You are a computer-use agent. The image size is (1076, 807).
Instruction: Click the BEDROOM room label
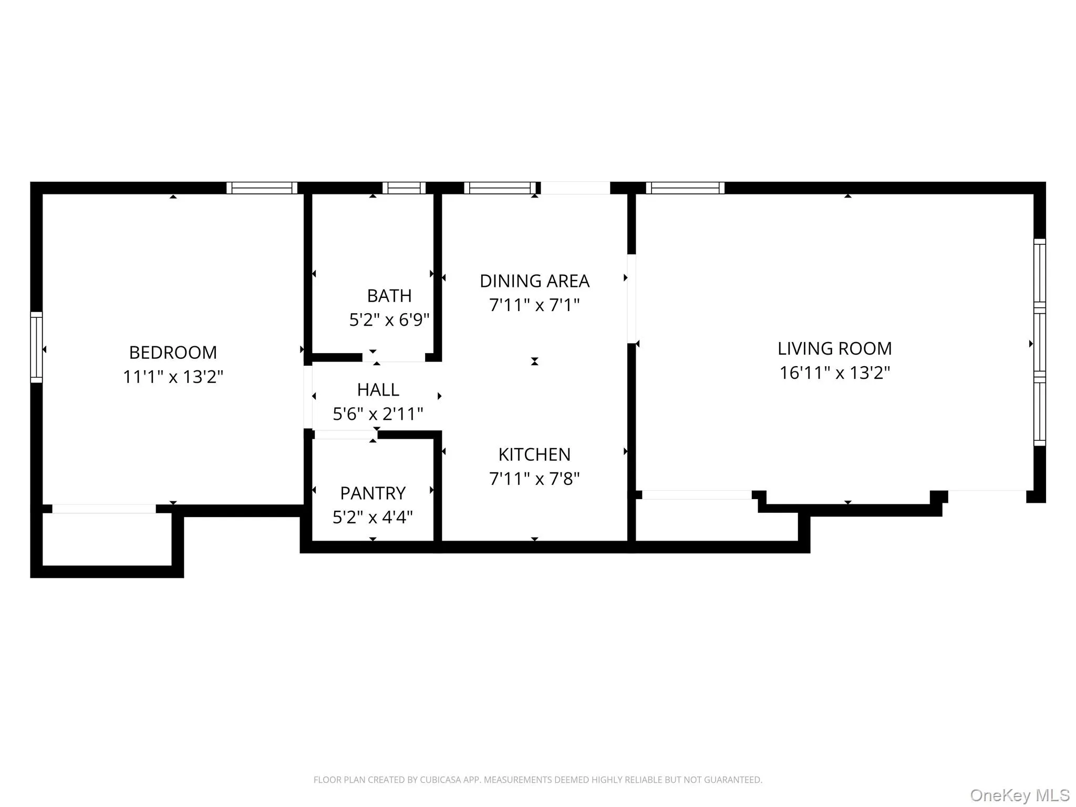tap(173, 353)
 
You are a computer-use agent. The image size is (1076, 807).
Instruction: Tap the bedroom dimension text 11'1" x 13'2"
tap(173, 377)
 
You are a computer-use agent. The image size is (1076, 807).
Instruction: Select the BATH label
tap(389, 296)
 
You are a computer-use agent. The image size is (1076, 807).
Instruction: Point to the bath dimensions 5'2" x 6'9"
tap(389, 319)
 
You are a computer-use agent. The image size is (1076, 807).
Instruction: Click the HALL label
tap(378, 390)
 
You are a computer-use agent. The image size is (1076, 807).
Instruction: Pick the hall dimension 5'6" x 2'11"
tap(378, 414)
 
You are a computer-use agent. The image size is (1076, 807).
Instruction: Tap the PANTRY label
tap(373, 493)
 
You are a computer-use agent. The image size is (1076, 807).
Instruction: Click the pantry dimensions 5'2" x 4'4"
tap(373, 518)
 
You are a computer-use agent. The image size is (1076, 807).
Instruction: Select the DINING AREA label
tap(534, 281)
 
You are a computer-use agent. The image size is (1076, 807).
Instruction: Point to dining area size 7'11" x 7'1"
tap(534, 305)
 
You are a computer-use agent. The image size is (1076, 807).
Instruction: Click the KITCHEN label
tap(534, 454)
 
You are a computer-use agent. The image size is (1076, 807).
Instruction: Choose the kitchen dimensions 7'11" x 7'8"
tap(534, 479)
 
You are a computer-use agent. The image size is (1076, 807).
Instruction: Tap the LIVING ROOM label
tap(834, 349)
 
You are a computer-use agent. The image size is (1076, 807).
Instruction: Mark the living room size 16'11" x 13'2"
tap(834, 373)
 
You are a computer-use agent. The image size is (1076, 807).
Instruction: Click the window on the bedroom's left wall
tap(36, 347)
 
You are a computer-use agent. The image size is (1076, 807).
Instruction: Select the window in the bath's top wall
tap(403, 188)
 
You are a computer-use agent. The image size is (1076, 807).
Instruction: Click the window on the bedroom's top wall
tap(262, 188)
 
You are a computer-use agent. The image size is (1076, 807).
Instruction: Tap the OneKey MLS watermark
tap(1019, 795)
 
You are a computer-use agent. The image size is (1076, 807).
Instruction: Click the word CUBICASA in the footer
tap(440, 780)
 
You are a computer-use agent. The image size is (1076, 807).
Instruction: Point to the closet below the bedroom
tap(107, 539)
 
